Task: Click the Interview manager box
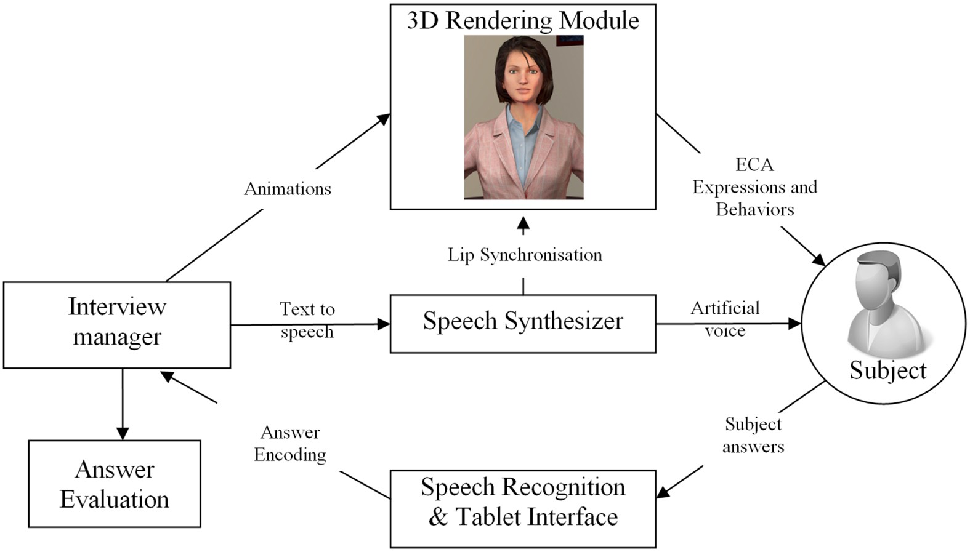click(x=117, y=324)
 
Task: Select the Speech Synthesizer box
click(x=523, y=323)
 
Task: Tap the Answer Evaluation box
click(x=115, y=484)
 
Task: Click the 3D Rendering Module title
click(x=523, y=20)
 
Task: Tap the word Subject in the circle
click(x=887, y=370)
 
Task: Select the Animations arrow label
click(x=288, y=188)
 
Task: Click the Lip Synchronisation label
click(x=525, y=255)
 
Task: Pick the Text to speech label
click(x=307, y=320)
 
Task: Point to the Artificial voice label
click(x=725, y=319)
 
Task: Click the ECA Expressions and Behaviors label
click(x=754, y=187)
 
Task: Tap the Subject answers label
click(x=753, y=435)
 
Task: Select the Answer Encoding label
click(x=290, y=443)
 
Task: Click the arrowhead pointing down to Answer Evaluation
click(x=123, y=433)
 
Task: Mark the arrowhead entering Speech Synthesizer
click(x=384, y=324)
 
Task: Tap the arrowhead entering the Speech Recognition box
click(x=663, y=492)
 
